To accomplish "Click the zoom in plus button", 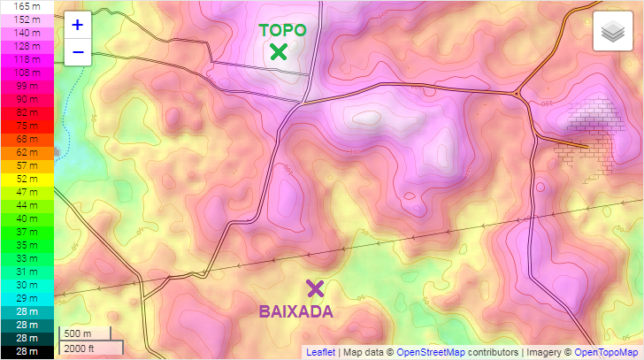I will tap(78, 25).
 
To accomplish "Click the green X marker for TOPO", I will tap(280, 51).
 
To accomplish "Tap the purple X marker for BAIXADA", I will tap(315, 287).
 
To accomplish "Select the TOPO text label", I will tap(282, 30).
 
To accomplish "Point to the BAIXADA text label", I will tap(295, 311).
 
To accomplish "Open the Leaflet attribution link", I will tap(320, 352).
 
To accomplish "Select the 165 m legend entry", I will tap(27, 5).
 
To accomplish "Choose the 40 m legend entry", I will tap(27, 218).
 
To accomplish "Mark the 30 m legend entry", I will tap(27, 285).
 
